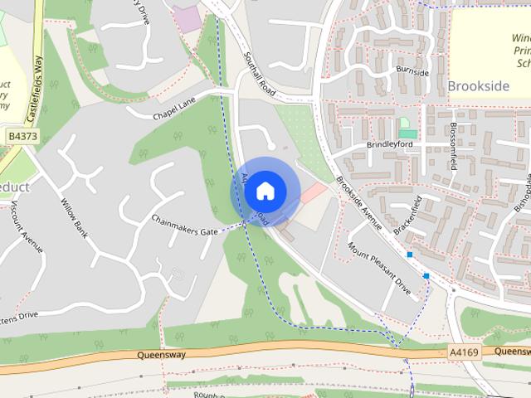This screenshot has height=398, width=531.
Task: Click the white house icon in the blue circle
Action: [265, 191]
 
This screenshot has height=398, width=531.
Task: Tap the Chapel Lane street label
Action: [172, 109]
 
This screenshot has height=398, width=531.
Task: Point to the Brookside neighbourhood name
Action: [479, 85]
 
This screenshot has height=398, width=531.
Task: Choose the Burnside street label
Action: [412, 72]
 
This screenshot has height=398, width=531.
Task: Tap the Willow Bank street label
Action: [75, 214]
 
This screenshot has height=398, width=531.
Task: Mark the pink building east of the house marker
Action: [313, 194]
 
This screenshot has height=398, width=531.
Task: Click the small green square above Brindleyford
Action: [407, 133]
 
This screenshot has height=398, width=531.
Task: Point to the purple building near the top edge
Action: [188, 18]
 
